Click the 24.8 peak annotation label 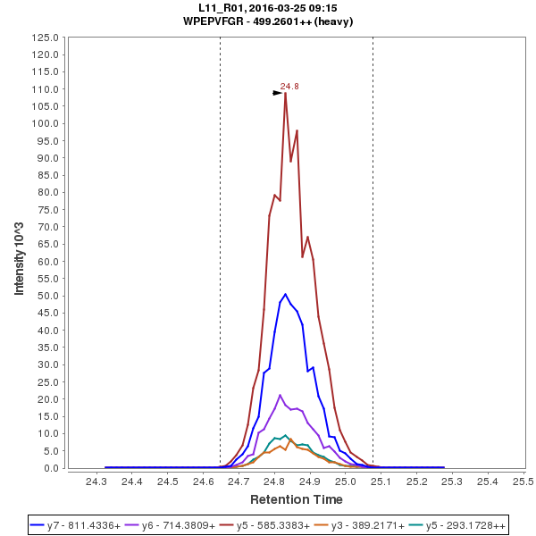[289, 87]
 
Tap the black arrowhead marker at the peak [278, 93]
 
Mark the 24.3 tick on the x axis [96, 482]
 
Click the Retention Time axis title [296, 498]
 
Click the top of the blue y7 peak [285, 294]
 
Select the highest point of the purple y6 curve [280, 395]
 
